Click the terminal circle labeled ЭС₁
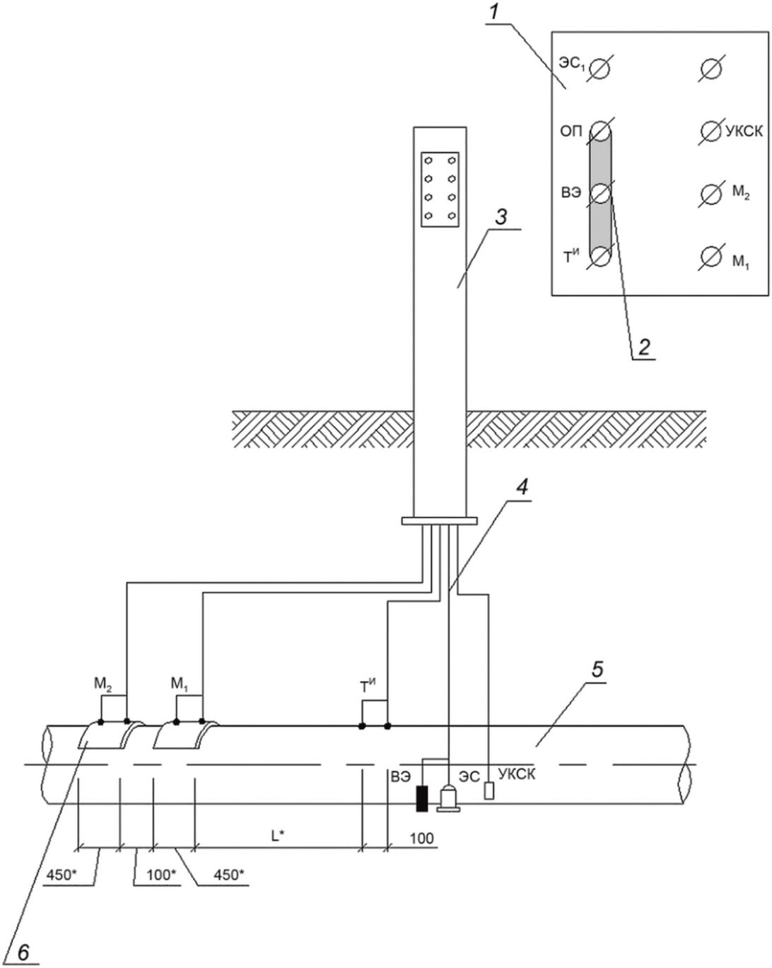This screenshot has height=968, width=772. coord(600,69)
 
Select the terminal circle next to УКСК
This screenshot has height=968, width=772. coord(711,132)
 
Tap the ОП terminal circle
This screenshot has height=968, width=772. coord(600,132)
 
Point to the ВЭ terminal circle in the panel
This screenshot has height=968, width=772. coord(600,194)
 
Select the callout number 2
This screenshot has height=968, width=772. coord(644,347)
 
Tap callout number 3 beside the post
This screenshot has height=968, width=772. coord(501,217)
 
